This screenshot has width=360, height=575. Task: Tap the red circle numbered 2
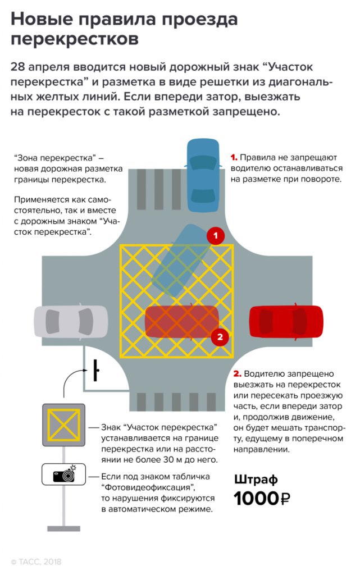220,337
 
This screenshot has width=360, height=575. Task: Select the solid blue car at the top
202,175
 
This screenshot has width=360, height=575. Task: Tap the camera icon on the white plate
63,475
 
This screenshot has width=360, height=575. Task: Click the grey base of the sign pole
63,528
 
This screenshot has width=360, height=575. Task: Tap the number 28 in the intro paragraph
18,67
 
